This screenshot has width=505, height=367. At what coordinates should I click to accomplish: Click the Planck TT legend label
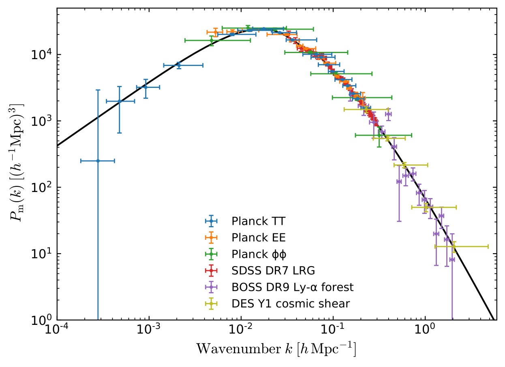coord(258,221)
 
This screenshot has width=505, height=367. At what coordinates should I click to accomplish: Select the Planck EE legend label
coord(258,238)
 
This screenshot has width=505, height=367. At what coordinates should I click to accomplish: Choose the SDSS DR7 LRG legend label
coord(273,271)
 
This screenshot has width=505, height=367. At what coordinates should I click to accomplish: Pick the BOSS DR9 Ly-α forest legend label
coord(292,287)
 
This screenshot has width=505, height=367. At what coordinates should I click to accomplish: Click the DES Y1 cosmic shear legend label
coord(290,303)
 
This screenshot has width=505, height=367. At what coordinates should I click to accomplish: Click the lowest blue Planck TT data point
coord(98,161)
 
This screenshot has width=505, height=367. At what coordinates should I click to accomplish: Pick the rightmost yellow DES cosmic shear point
coord(454,246)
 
